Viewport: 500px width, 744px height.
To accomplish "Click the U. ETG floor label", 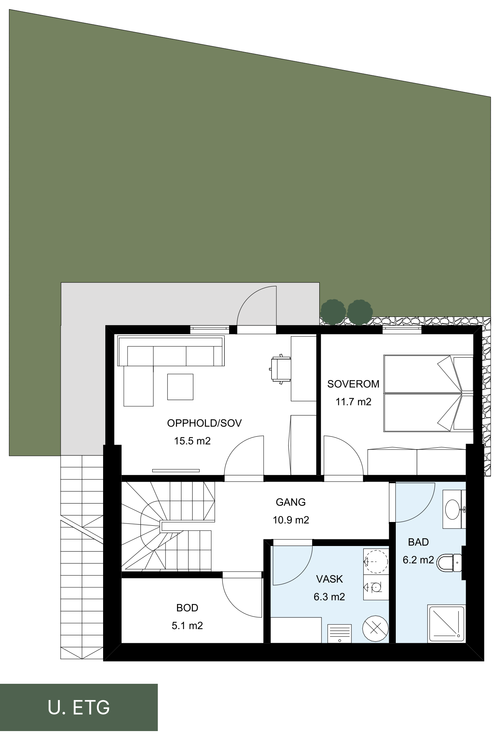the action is click(x=79, y=707).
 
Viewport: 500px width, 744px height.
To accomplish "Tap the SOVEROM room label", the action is click(x=353, y=384).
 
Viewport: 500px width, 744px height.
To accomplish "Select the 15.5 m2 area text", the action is click(x=193, y=441).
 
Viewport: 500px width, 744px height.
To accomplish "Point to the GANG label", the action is click(x=291, y=502).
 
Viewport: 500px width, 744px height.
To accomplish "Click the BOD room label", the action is click(x=187, y=608).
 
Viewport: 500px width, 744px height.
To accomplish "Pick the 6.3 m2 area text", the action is click(x=329, y=597).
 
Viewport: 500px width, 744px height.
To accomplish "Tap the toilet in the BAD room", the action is click(x=449, y=563).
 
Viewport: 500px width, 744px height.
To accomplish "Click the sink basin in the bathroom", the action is click(x=453, y=509).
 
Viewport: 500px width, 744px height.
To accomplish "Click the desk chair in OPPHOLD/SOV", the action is click(x=280, y=369).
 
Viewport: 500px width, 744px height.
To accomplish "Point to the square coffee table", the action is click(x=180, y=387).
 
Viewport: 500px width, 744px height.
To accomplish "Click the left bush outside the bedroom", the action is click(x=333, y=312).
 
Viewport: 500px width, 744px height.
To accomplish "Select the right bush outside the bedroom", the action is click(x=360, y=312).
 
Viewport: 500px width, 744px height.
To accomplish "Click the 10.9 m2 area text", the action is click(x=291, y=520).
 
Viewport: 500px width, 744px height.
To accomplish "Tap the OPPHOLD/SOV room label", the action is click(x=204, y=423).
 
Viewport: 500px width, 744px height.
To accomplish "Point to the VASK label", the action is click(x=329, y=579).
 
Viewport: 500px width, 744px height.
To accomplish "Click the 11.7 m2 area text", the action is click(x=353, y=402).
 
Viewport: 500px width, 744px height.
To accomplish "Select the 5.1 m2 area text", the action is click(x=187, y=625).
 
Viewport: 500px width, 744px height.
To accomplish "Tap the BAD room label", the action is click(x=418, y=542).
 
